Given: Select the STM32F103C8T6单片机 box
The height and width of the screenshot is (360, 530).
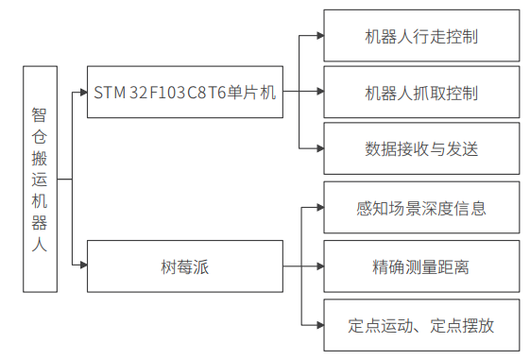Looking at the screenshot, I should pos(185,92).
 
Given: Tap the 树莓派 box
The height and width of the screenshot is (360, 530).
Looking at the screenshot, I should pos(185,266).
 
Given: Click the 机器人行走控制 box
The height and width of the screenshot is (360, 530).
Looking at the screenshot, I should pos(420,38).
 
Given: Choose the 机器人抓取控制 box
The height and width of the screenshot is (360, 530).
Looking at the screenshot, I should pos(420,93).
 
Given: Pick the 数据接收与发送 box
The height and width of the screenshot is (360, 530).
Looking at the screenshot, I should pos(420,148).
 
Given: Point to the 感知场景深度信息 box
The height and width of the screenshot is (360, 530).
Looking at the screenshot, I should pos(420,209).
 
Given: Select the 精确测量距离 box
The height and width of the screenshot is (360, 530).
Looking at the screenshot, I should pos(420,266).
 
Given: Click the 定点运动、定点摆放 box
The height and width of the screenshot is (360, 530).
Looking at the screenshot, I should pos(420,325).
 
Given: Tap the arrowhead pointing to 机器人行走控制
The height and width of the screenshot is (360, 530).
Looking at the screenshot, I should pos(318,38).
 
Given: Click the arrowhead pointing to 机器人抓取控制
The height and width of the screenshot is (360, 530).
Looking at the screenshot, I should pos(318,93).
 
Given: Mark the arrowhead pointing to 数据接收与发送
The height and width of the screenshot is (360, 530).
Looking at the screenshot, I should pos(318,148).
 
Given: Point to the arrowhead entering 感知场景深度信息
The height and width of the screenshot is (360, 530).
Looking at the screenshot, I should pos(318,209).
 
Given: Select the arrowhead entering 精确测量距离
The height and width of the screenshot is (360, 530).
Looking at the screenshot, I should pos(318,266).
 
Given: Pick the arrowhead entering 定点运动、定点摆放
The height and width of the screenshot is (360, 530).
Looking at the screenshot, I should pos(318,325).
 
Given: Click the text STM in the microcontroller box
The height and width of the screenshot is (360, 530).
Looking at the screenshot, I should pos(110,93).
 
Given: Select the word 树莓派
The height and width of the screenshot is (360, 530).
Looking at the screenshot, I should pos(185,266).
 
